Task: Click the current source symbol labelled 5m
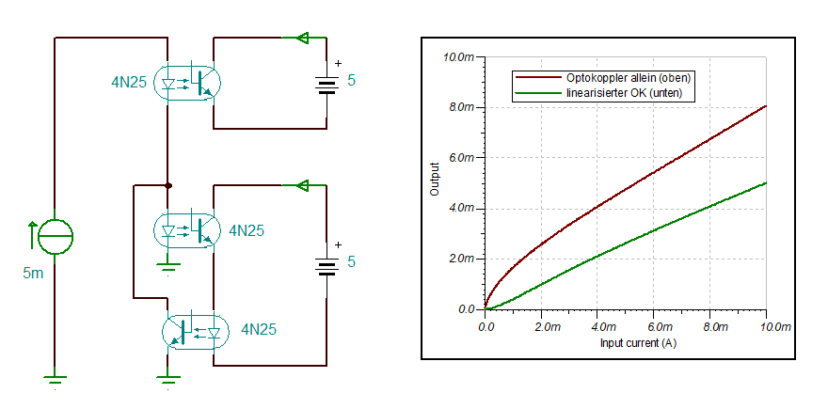tap(56, 234)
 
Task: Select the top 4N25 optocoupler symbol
tap(189, 82)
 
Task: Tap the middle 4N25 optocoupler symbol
tap(189, 229)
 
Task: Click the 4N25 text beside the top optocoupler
tap(129, 83)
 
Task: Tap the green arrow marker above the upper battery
tap(302, 38)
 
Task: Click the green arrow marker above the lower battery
tap(302, 185)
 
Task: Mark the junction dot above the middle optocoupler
tap(167, 185)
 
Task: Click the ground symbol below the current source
tap(56, 380)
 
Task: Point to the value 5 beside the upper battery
tap(352, 81)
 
